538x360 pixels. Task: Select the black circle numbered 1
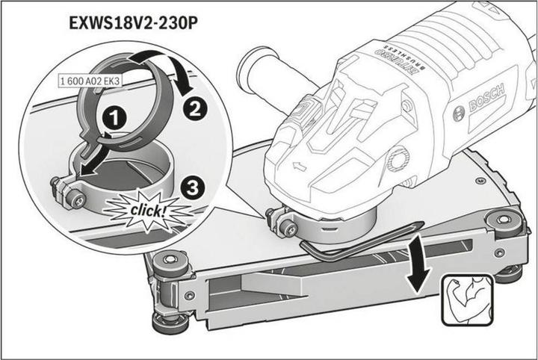[x=114, y=117]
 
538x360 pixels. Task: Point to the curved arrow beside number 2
[x=171, y=71]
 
